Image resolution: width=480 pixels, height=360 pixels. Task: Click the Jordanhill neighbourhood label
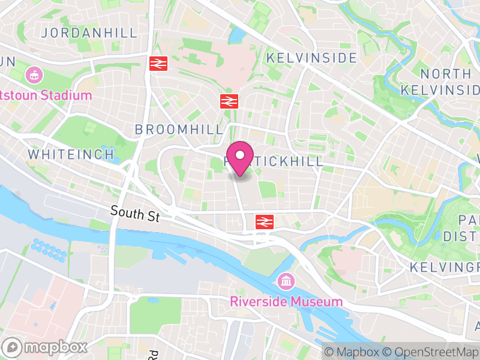[x=89, y=32]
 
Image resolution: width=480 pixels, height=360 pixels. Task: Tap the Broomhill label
[x=179, y=130]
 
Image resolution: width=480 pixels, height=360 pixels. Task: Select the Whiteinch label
[x=71, y=154]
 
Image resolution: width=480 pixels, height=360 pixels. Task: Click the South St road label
[x=135, y=213]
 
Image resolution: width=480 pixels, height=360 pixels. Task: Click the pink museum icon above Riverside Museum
[x=286, y=281]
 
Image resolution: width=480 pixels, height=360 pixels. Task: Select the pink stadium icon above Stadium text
[x=34, y=76]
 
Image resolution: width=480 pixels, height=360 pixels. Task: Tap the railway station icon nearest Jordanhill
[x=158, y=63]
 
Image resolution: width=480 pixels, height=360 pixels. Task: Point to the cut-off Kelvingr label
[x=445, y=266]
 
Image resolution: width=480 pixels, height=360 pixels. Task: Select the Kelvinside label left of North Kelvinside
[x=311, y=58]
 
